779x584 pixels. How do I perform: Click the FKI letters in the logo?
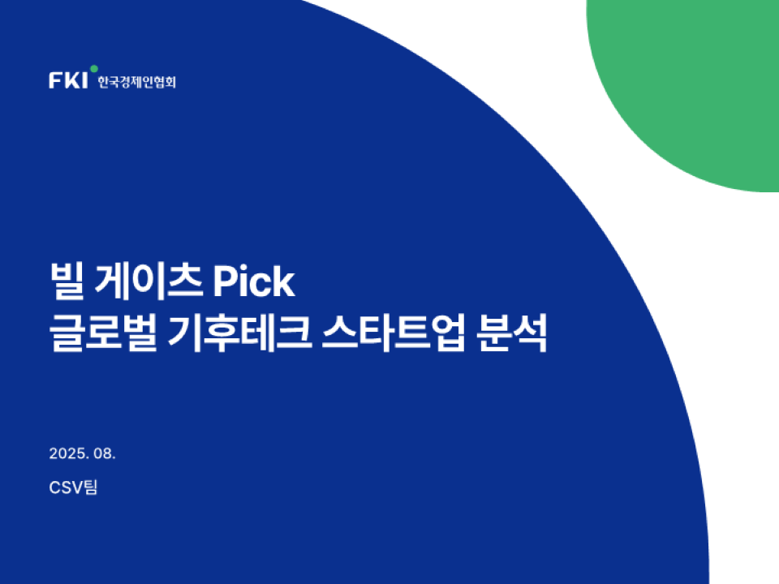(68, 80)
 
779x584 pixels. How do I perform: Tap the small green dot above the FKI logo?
(94, 68)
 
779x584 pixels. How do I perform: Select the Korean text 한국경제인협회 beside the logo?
(136, 82)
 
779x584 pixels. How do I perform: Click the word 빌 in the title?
(67, 281)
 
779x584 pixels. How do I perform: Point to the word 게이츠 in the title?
(148, 281)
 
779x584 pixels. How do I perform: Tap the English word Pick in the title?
(254, 281)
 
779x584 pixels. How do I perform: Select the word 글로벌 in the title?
(103, 333)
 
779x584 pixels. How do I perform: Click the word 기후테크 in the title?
(240, 333)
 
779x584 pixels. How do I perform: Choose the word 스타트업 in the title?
(394, 333)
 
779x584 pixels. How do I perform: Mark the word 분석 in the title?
(512, 333)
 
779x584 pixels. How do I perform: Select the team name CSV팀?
(73, 487)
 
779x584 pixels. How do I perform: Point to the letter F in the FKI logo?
(55, 80)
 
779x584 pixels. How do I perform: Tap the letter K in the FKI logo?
(72, 80)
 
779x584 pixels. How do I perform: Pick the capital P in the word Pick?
(225, 281)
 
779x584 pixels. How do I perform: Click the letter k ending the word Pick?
(284, 281)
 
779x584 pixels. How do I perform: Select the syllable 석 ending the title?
(530, 333)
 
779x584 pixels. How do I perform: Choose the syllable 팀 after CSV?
(90, 487)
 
